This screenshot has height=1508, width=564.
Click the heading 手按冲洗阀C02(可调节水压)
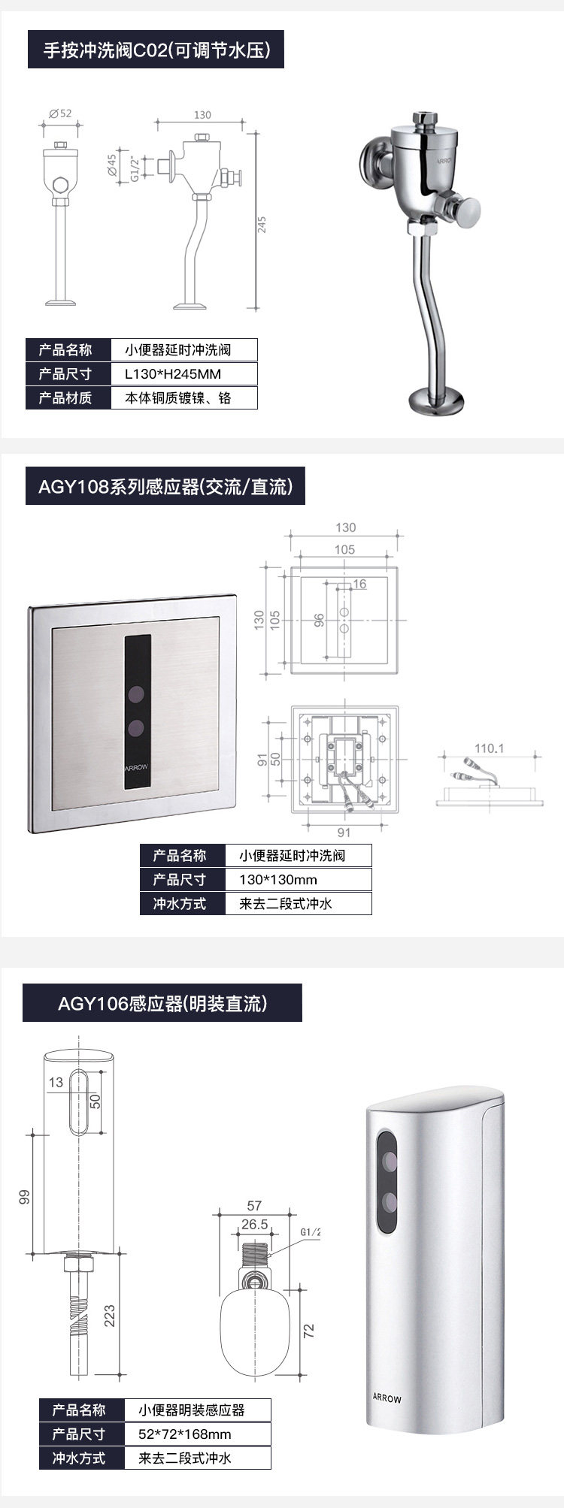(156, 50)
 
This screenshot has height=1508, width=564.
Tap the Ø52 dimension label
(61, 113)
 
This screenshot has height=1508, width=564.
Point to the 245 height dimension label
(262, 225)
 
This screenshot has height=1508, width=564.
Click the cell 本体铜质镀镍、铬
(177, 398)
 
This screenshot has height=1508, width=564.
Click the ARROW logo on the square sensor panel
(137, 767)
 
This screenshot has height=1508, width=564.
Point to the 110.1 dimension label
(489, 748)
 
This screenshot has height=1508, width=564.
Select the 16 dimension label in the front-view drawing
(359, 584)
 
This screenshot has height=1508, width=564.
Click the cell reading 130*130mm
(278, 880)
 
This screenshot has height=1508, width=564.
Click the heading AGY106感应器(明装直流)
(162, 1003)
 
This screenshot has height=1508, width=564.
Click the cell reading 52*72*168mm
(185, 1434)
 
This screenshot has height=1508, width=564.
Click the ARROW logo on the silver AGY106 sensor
(387, 1398)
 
